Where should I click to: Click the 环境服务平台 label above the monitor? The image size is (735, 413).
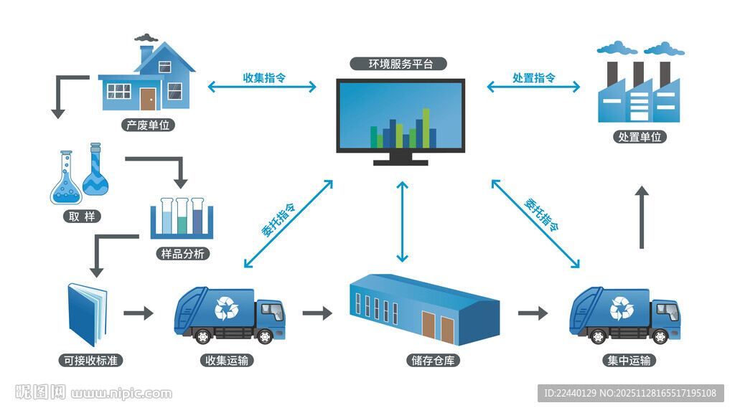click(x=401, y=64)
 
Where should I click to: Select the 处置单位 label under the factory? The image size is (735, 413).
click(x=640, y=136)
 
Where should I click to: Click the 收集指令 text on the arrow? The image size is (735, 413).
click(x=264, y=77)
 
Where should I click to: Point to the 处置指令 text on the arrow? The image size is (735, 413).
click(x=533, y=77)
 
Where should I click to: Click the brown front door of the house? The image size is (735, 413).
click(x=148, y=99)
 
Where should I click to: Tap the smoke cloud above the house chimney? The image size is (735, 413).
click(x=146, y=37)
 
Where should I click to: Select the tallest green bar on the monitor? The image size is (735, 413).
click(x=426, y=127)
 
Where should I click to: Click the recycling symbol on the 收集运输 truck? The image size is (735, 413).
click(x=227, y=308)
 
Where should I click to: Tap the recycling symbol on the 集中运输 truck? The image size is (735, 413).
click(x=622, y=308)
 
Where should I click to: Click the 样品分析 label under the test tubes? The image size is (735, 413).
click(x=183, y=254)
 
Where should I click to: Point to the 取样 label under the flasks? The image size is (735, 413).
click(x=81, y=216)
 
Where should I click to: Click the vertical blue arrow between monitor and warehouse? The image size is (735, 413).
click(x=403, y=221)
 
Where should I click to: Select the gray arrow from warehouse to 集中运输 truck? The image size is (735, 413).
click(x=533, y=313)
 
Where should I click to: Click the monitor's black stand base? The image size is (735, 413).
click(x=401, y=161)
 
